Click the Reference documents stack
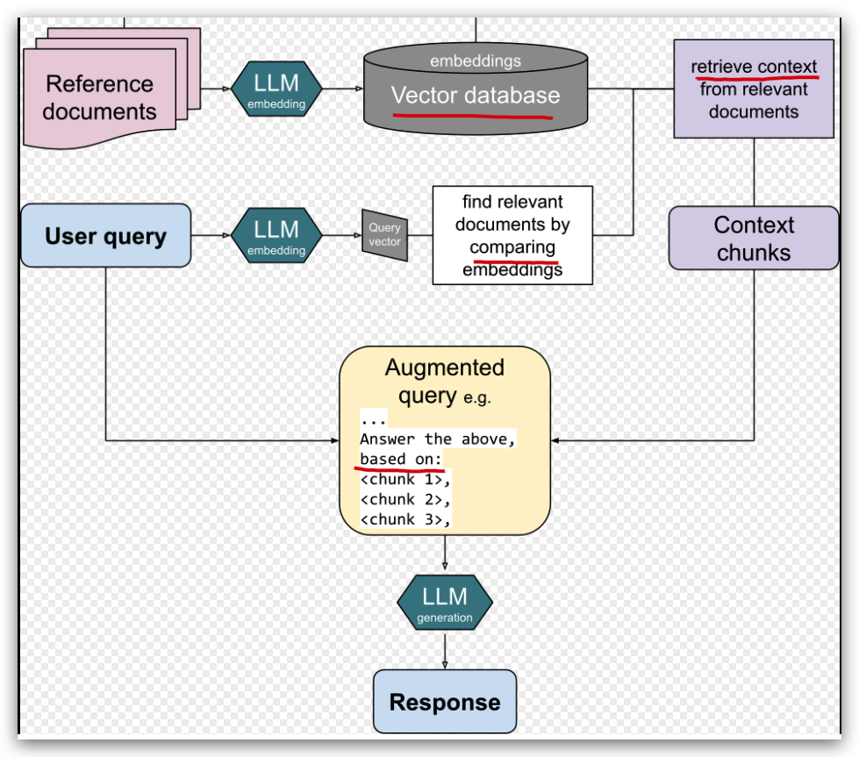pyautogui.click(x=99, y=98)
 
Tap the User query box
pyautogui.click(x=105, y=236)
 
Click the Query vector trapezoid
pyautogui.click(x=384, y=235)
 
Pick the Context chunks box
pyautogui.click(x=753, y=238)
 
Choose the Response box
pyautogui.click(x=445, y=702)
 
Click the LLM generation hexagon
pyautogui.click(x=445, y=603)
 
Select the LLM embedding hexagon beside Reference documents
pyautogui.click(x=276, y=90)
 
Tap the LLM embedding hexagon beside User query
pyautogui.click(x=276, y=235)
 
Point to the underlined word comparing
pyautogui.click(x=512, y=247)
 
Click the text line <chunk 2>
pyautogui.click(x=404, y=499)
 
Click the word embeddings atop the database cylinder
pyautogui.click(x=475, y=61)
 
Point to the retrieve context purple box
pyautogui.click(x=754, y=89)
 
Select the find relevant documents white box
pyautogui.click(x=512, y=235)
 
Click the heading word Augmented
pyautogui.click(x=445, y=368)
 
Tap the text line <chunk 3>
pyautogui.click(x=404, y=519)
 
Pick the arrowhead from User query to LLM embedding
pyautogui.click(x=225, y=235)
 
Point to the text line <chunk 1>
pyautogui.click(x=404, y=479)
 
